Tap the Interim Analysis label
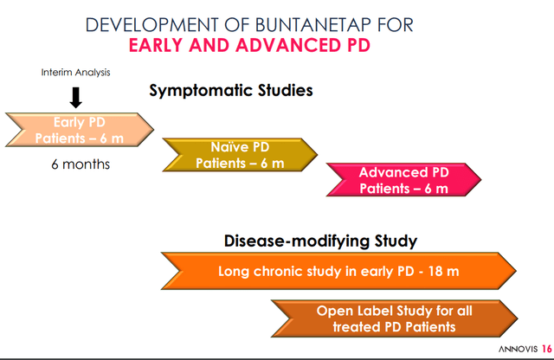click(76, 72)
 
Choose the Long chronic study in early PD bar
click(338, 272)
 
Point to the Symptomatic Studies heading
click(230, 90)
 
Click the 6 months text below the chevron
click(80, 164)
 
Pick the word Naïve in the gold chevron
click(229, 146)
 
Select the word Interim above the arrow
click(55, 72)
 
